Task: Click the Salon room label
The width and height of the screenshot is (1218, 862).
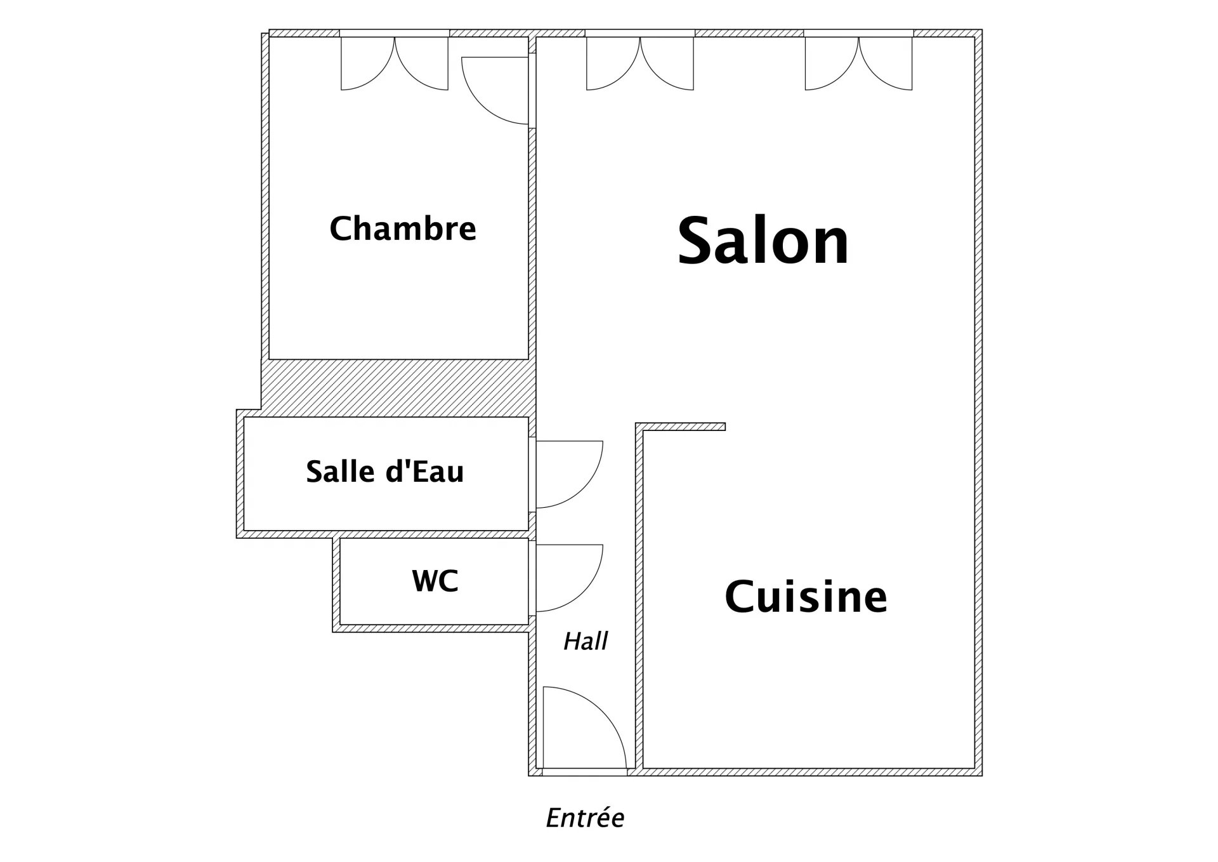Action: click(x=763, y=241)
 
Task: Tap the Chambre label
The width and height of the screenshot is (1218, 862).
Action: click(x=403, y=229)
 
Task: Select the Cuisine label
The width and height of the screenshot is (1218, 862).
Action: click(x=806, y=596)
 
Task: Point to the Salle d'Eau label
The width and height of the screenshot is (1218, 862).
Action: click(x=385, y=472)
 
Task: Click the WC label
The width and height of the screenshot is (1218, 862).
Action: click(x=435, y=581)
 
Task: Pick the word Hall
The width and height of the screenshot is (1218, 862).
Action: click(x=586, y=642)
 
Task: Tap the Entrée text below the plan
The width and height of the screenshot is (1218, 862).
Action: click(x=585, y=818)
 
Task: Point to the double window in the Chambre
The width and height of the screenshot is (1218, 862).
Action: click(x=395, y=63)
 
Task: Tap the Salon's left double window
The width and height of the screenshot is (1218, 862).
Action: click(x=640, y=63)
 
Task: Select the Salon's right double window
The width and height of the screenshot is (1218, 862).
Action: click(x=859, y=63)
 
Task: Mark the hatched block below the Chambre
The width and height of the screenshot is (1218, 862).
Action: click(x=398, y=388)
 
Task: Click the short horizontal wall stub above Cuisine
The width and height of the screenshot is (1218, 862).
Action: click(x=681, y=427)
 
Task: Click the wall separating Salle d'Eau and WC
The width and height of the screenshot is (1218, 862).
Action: click(x=435, y=534)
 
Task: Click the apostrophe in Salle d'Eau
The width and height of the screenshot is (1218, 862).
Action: click(x=405, y=463)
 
